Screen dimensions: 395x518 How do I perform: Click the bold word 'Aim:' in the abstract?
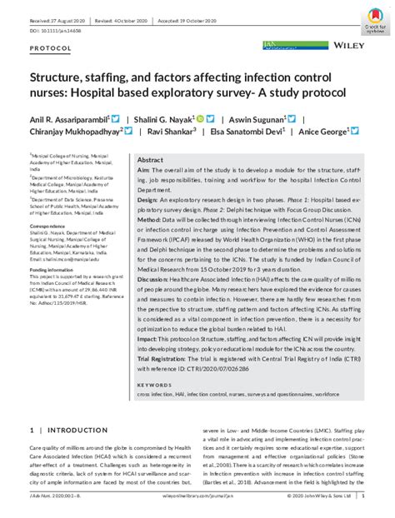(143, 169)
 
